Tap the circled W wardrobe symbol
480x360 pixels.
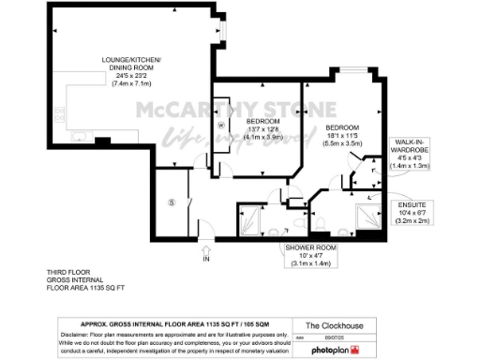(222, 124)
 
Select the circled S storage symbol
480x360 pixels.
(171, 202)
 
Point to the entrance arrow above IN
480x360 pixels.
(206, 249)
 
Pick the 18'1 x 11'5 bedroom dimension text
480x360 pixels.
(343, 135)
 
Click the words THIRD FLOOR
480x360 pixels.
(66, 271)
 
